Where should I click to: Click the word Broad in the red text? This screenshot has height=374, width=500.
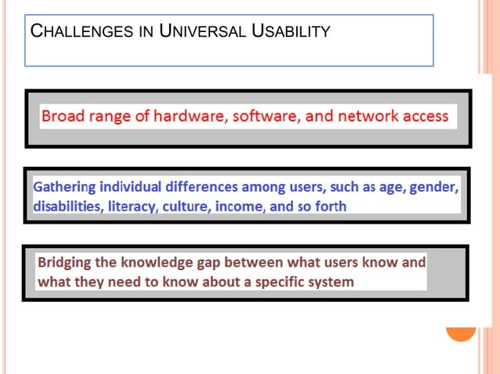[x=63, y=117]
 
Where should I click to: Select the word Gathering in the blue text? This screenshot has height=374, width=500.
[x=66, y=189]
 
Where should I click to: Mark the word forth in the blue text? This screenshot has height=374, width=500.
[x=329, y=207]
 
